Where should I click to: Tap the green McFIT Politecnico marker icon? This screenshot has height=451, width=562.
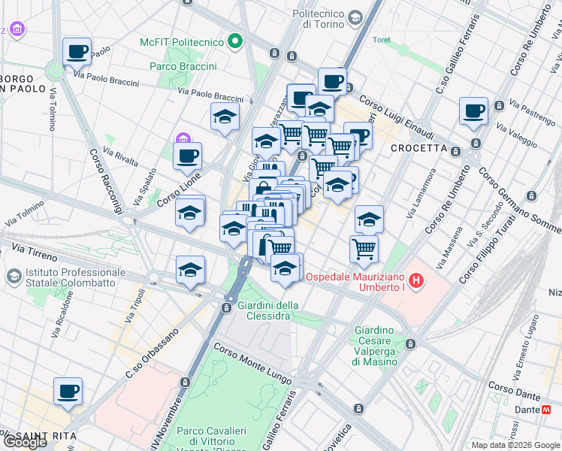237,41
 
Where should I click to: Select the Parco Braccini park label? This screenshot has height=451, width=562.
183,67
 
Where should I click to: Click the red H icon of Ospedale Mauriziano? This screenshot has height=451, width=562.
416,283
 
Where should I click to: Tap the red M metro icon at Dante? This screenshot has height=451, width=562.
548,410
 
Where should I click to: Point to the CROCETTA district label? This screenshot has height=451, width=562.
418,148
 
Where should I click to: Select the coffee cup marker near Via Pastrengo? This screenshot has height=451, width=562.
473,111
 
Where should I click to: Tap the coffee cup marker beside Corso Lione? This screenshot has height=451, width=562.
187,156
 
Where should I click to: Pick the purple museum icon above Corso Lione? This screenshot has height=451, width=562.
183,139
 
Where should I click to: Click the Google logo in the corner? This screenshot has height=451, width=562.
24,441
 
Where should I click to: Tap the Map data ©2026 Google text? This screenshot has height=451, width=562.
516,445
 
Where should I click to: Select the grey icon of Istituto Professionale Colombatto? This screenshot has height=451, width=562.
13,277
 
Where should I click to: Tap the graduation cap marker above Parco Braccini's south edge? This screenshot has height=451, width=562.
225,117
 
